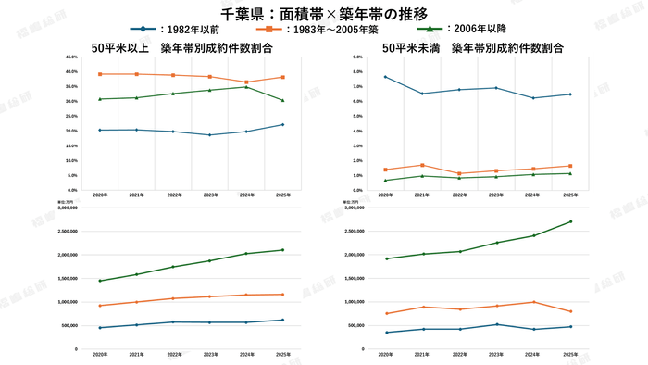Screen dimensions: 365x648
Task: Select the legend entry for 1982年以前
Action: [185, 30]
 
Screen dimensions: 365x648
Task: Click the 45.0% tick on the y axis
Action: [71, 57]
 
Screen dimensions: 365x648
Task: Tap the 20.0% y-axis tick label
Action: [71, 131]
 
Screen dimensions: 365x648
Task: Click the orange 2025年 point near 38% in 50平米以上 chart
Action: [282, 77]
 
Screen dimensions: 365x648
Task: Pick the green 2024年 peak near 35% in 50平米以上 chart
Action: [245, 86]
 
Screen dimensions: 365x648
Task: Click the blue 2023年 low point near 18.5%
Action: [209, 135]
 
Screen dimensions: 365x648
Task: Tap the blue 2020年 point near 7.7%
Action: [385, 77]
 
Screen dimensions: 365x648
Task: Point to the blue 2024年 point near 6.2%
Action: [533, 98]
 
